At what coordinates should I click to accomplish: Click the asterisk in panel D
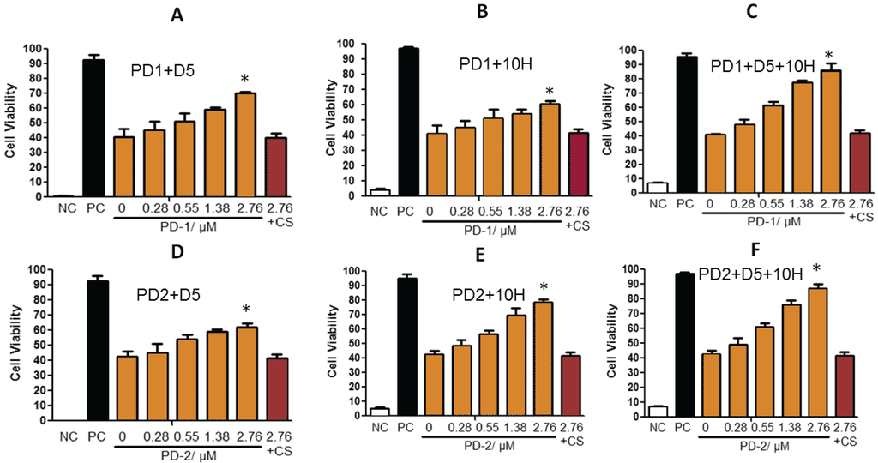pos(247,310)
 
